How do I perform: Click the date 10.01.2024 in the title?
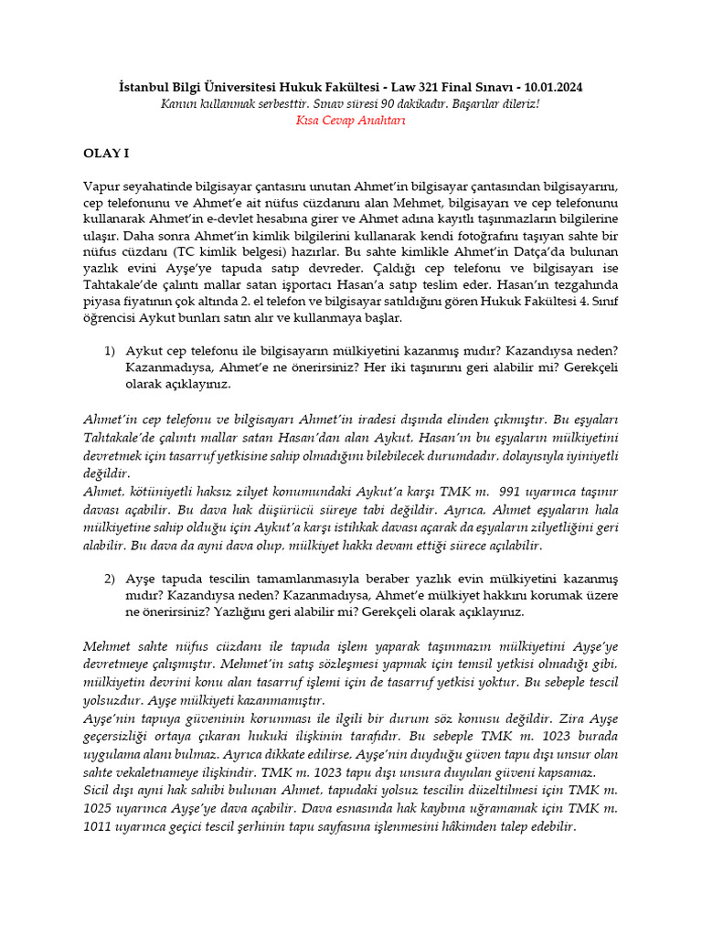coord(550,87)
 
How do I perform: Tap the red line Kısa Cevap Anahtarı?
coord(351,120)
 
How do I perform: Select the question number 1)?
coord(110,351)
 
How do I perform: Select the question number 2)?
coord(110,578)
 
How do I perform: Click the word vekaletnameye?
coord(157,771)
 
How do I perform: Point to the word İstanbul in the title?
coord(147,87)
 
